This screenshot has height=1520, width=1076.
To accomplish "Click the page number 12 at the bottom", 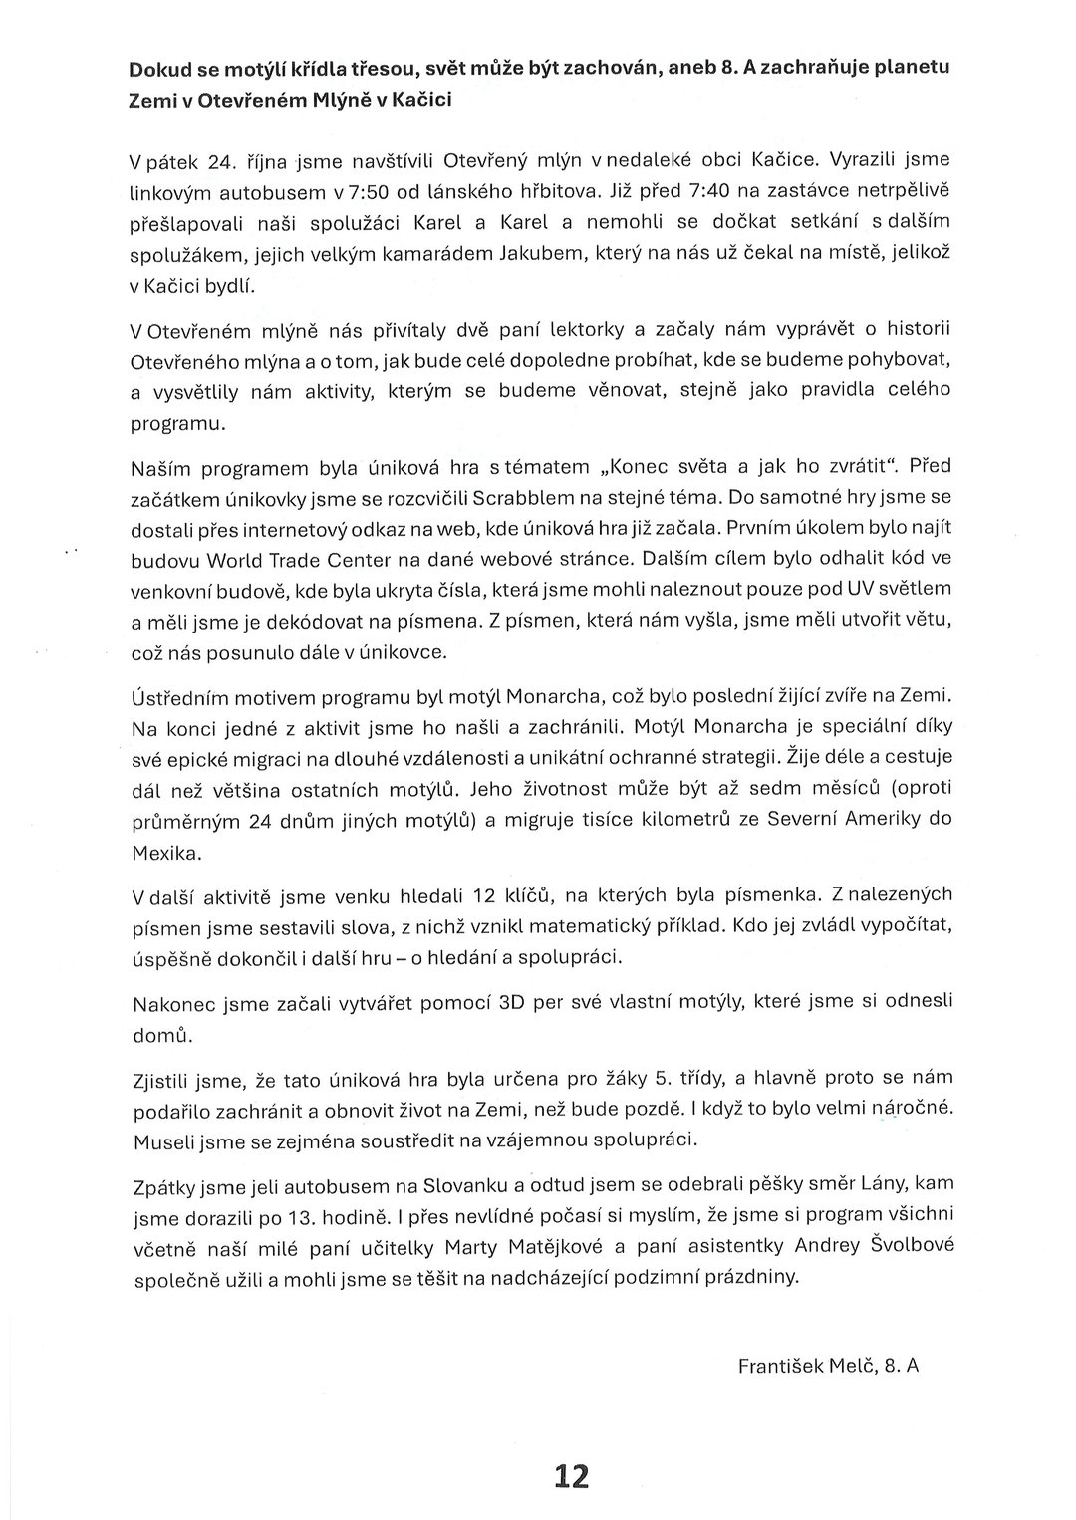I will tap(573, 1475).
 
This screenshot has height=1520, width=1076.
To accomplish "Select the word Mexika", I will tap(166, 854).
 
